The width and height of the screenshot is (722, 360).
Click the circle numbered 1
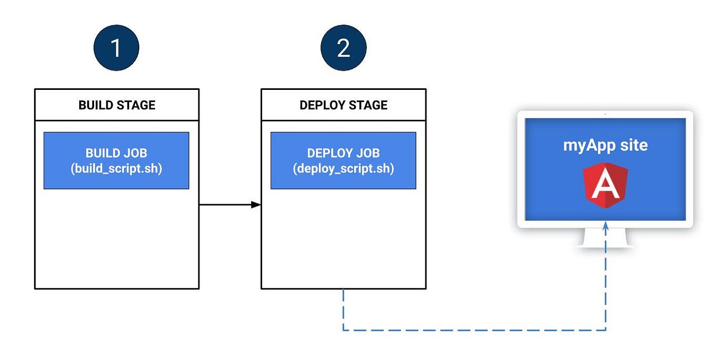point(116,48)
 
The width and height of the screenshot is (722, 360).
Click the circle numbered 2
point(343,48)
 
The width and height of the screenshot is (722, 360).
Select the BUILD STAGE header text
point(117,105)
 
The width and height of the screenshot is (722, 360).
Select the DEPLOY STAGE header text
point(343,105)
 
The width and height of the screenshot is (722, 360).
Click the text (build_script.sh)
point(116,169)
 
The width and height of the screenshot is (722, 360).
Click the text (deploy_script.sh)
point(343,169)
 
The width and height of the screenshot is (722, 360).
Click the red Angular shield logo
point(605,186)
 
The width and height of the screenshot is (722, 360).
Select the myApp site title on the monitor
point(605,145)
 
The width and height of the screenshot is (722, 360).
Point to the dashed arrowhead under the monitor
point(606,225)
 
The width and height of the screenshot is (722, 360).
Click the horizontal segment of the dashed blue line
point(473,330)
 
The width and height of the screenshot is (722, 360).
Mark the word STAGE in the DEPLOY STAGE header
point(368,105)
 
